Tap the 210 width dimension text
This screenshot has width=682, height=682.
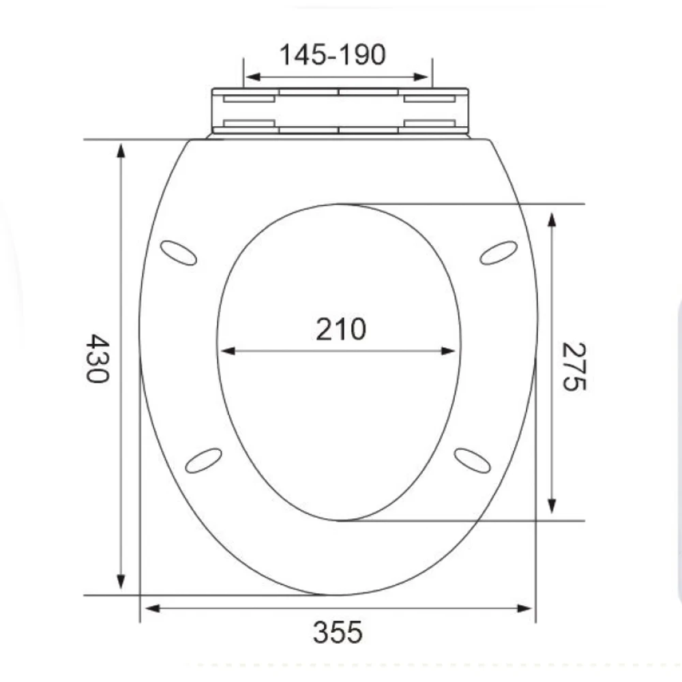click(x=340, y=329)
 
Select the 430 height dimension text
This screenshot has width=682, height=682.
click(x=98, y=358)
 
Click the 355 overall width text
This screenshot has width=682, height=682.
click(x=338, y=633)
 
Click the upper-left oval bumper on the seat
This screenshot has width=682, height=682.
click(x=178, y=253)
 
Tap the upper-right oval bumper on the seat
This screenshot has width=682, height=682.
click(x=499, y=252)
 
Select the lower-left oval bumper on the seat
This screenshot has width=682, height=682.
click(x=204, y=460)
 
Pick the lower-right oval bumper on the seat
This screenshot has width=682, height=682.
click(x=472, y=460)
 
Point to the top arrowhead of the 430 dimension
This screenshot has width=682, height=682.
click(x=121, y=150)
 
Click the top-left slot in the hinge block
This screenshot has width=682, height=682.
click(x=249, y=99)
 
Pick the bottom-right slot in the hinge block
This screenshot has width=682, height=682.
click(x=429, y=123)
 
